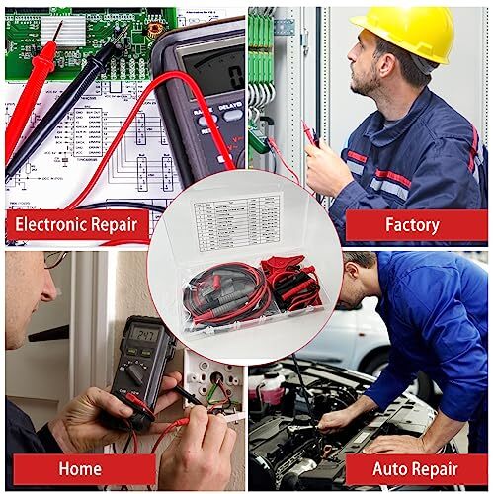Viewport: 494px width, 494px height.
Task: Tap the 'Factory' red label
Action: coord(411,224)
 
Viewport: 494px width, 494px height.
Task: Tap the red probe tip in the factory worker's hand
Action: coord(309,130)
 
